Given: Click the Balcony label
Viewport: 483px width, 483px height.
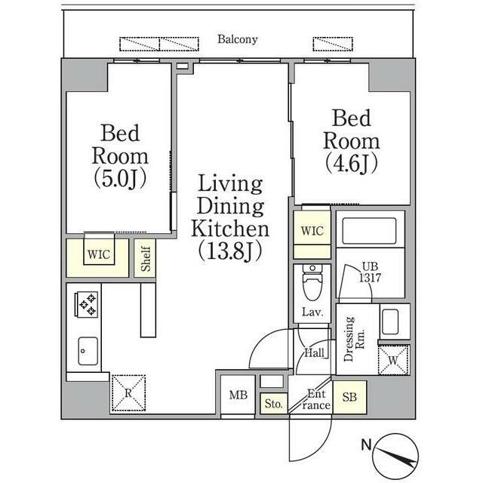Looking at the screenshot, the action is (x=238, y=39).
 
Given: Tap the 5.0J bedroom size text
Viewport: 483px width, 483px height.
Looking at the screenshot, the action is (x=120, y=179).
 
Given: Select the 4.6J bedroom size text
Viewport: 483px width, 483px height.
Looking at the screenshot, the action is (x=352, y=163).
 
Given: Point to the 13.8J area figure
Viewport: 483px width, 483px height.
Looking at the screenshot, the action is (x=230, y=251).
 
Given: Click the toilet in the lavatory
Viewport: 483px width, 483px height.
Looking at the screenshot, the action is (x=312, y=282).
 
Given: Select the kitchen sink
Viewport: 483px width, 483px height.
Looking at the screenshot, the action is (x=88, y=351).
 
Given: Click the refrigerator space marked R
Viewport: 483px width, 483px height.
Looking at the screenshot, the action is (x=128, y=392).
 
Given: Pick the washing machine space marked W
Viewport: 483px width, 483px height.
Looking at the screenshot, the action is (x=393, y=360).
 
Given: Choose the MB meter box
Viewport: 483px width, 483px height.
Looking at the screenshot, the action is (x=238, y=395).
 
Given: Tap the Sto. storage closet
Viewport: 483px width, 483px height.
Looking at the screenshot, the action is (x=273, y=404).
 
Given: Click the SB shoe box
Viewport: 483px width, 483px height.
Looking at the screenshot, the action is (x=349, y=398).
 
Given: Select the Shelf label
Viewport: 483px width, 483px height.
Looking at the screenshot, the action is (x=146, y=258).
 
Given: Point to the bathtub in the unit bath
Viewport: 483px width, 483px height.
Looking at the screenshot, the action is (x=369, y=231).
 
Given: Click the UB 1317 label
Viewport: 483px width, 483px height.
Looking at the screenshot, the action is (x=370, y=272).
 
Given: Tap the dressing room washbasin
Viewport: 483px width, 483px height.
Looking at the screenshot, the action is (x=390, y=322).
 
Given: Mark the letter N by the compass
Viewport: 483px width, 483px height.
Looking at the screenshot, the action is (x=366, y=445).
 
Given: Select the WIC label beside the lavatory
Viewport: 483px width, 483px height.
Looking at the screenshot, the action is (x=312, y=231).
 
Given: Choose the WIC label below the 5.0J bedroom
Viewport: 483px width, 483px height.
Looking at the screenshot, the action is (x=99, y=255).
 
